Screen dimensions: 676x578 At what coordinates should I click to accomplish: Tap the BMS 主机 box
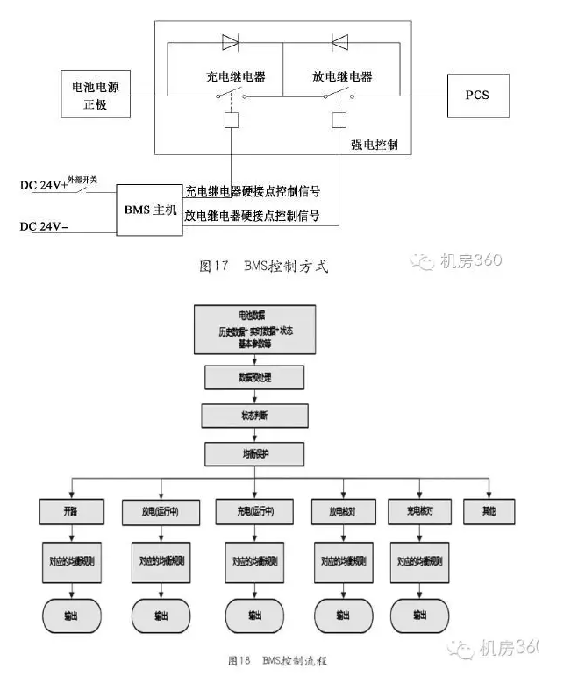150,211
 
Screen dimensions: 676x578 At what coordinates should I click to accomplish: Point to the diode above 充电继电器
232,40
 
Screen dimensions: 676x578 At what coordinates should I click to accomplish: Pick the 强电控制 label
374,144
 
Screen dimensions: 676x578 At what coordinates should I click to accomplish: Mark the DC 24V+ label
44,186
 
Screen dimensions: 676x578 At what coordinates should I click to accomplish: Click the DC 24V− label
44,227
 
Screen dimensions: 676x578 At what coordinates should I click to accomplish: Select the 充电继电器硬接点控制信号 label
252,191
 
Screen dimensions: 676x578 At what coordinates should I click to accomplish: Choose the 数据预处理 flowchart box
254,377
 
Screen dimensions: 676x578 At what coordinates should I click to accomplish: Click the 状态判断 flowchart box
254,415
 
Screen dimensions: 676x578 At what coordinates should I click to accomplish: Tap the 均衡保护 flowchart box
254,453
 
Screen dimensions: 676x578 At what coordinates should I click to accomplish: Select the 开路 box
72,510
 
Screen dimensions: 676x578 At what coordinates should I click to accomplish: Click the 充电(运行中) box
253,510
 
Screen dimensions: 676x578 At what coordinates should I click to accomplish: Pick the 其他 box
489,510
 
